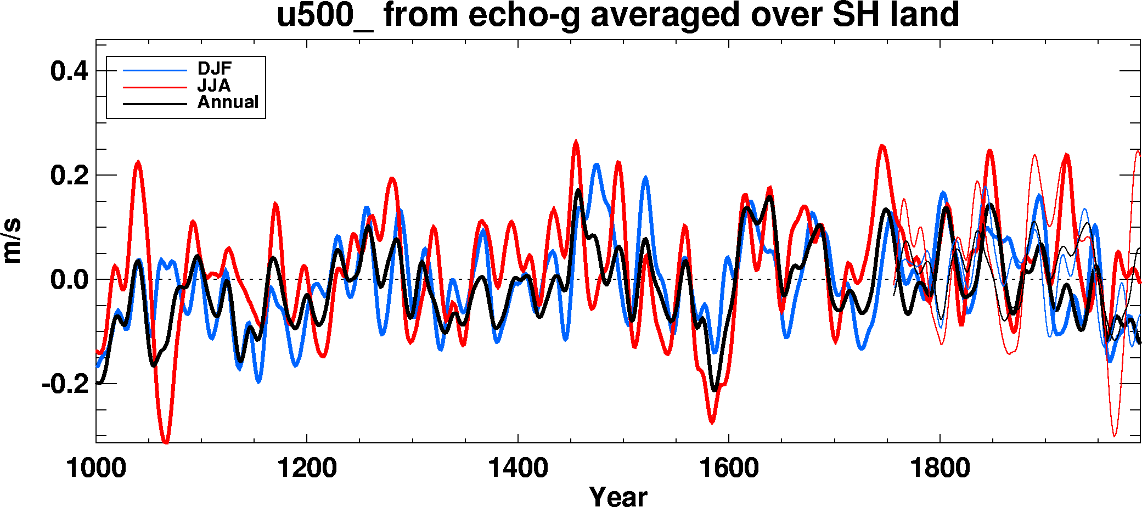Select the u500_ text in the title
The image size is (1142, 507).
tap(324, 15)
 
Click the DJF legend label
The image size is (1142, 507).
tap(215, 69)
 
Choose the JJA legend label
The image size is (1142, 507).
tap(214, 86)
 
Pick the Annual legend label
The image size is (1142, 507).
tap(228, 102)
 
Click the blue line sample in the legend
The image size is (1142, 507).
tap(155, 70)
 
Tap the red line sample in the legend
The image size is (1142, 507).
tap(155, 87)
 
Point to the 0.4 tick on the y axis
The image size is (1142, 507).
tap(69, 71)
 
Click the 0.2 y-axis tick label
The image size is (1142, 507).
tap(69, 176)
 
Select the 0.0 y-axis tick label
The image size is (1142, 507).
tap(69, 280)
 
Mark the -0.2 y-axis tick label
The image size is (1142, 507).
tap(65, 384)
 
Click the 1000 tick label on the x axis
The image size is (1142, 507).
tap(96, 469)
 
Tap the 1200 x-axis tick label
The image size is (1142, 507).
tap(307, 469)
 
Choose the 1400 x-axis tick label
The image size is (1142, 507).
tap(517, 469)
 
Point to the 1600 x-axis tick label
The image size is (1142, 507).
tap(729, 469)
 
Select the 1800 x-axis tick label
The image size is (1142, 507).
tap(940, 469)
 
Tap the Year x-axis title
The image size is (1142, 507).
tap(618, 495)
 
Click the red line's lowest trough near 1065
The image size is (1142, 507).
tap(166, 441)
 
